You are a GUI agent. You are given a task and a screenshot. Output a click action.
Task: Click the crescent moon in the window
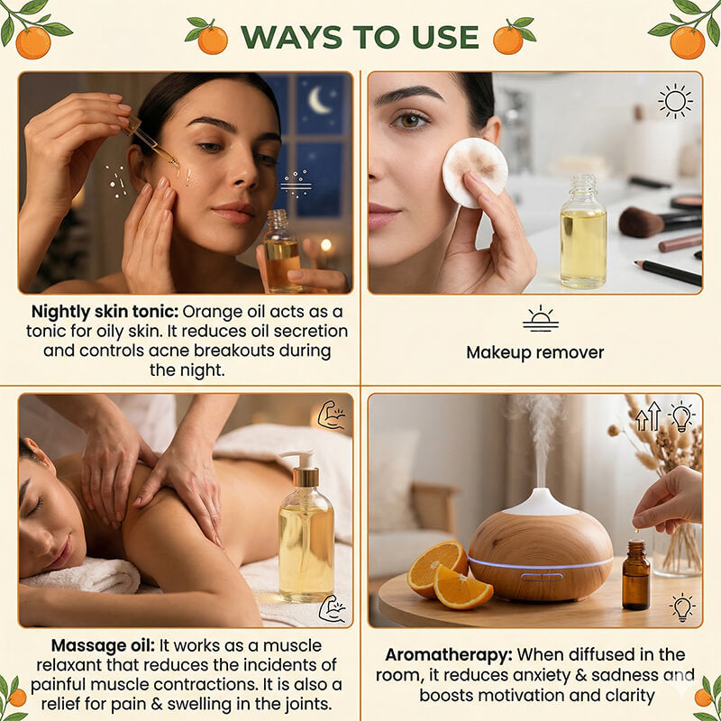click(x=319, y=101)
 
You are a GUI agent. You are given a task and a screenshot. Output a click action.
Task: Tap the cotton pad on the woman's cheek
click(x=474, y=171)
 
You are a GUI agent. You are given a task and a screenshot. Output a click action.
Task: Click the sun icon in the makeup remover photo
click(x=675, y=101)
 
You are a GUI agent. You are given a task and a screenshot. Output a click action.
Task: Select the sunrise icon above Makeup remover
click(x=540, y=319)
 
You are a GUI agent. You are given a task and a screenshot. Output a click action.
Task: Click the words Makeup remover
click(x=535, y=352)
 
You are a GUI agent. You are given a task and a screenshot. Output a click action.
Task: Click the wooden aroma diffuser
click(x=540, y=550)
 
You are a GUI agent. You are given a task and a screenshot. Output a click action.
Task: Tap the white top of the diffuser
click(x=540, y=501)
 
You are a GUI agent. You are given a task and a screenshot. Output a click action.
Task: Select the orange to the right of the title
click(x=509, y=39)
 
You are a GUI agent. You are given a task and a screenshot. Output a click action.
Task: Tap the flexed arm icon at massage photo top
click(x=332, y=415)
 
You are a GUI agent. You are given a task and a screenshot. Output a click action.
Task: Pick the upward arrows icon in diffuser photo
click(x=648, y=416)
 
